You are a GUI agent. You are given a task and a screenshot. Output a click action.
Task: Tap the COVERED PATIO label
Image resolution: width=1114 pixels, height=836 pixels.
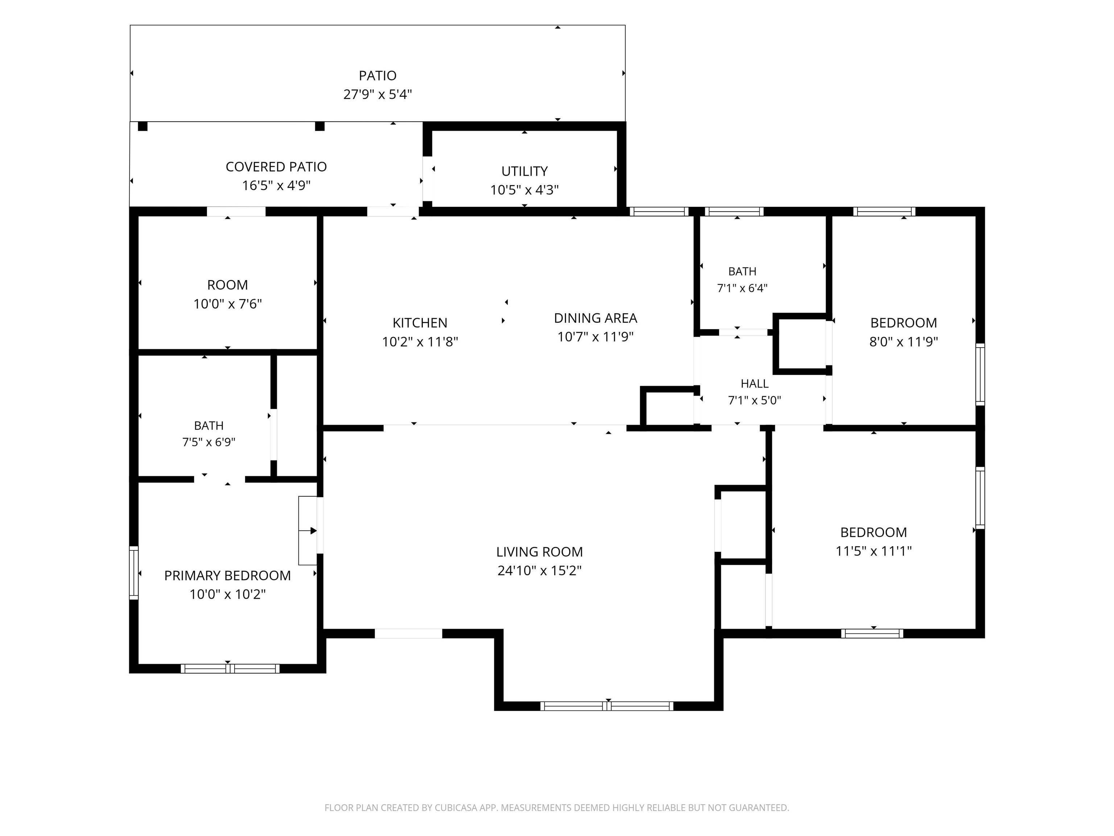(x=276, y=167)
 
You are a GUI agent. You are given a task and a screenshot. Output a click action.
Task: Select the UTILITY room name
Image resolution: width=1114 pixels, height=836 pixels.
(x=524, y=171)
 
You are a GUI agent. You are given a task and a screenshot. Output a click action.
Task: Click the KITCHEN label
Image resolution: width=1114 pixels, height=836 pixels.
(x=420, y=323)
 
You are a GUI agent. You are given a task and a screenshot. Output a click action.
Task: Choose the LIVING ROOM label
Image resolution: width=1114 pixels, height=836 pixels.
(x=539, y=552)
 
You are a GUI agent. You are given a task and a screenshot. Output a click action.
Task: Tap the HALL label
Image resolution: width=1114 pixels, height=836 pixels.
(x=754, y=384)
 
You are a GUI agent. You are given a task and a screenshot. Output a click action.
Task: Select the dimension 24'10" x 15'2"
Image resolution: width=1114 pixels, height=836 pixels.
(x=539, y=570)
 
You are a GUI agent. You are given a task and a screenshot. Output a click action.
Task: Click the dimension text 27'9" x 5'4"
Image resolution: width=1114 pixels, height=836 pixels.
(x=378, y=94)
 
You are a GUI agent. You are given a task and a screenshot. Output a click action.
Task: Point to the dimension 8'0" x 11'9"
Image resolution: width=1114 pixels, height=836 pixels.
(x=903, y=342)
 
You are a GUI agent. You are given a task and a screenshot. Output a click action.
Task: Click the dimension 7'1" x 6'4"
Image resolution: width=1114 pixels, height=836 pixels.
(x=742, y=288)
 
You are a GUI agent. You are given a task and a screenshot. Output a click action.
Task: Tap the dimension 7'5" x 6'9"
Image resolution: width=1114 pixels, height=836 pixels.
(x=209, y=442)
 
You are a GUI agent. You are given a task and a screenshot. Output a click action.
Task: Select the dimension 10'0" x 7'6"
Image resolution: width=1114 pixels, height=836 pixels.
(x=228, y=304)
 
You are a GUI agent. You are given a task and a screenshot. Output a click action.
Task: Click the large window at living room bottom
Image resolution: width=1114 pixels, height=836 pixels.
(x=607, y=706)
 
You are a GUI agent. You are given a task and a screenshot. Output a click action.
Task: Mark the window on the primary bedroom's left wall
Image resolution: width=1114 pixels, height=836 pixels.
(x=133, y=573)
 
